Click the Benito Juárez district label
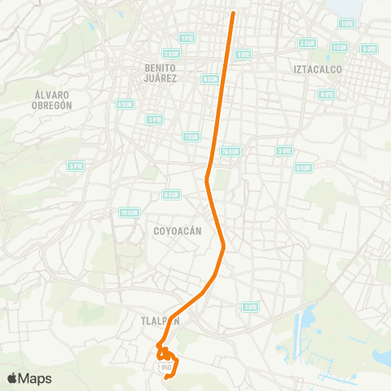[160, 73]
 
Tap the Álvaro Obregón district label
[54, 99]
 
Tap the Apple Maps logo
[29, 378]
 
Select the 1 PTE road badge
[187, 37]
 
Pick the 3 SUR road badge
[170, 54]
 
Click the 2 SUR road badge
[307, 42]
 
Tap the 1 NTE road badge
[347, 24]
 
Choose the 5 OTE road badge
[370, 49]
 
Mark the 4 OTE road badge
[327, 94]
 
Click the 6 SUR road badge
[125, 104]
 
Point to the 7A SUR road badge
[231, 152]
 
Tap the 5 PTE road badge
[76, 165]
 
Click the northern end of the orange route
[234, 14]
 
